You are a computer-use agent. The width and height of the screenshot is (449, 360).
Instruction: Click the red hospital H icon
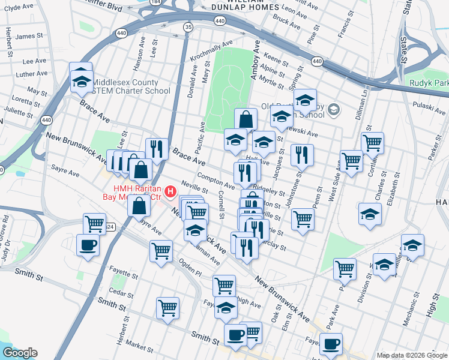point(170,192)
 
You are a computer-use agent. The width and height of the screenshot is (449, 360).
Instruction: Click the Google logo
point(20,352)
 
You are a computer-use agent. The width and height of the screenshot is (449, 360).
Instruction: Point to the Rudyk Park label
point(429,83)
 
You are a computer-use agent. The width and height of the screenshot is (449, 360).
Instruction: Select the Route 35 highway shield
point(188,27)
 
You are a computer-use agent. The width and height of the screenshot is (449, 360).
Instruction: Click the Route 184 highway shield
point(157,2)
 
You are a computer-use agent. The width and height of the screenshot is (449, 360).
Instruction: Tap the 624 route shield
point(109,227)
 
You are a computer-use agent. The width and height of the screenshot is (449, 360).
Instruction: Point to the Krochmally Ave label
point(211,52)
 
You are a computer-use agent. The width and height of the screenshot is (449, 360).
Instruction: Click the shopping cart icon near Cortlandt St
point(372,143)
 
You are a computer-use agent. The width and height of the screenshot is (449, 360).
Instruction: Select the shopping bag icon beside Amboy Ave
point(246,119)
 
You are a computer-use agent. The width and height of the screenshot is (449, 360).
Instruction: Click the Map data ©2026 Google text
point(412,355)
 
